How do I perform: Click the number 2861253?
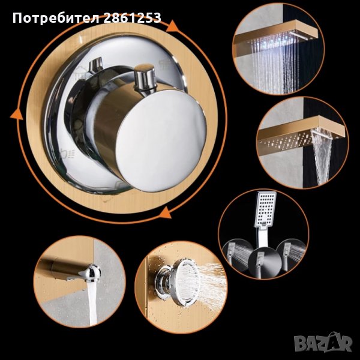tap(132, 17)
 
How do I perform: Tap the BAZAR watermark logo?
tap(323, 343)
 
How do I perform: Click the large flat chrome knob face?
tap(161, 140)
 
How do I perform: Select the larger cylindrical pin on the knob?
tap(145, 78)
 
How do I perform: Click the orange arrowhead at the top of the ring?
tap(172, 26)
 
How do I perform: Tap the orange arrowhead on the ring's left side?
tap(17, 114)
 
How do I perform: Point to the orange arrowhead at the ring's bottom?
tap(166, 212)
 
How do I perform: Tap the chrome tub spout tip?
tap(90, 273)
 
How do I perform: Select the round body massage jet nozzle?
tap(177, 283)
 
